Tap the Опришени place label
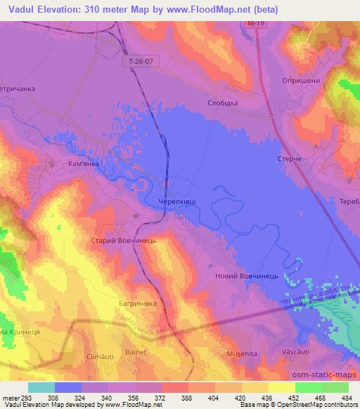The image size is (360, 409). [300, 80]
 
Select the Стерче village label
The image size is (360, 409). [290, 160]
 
